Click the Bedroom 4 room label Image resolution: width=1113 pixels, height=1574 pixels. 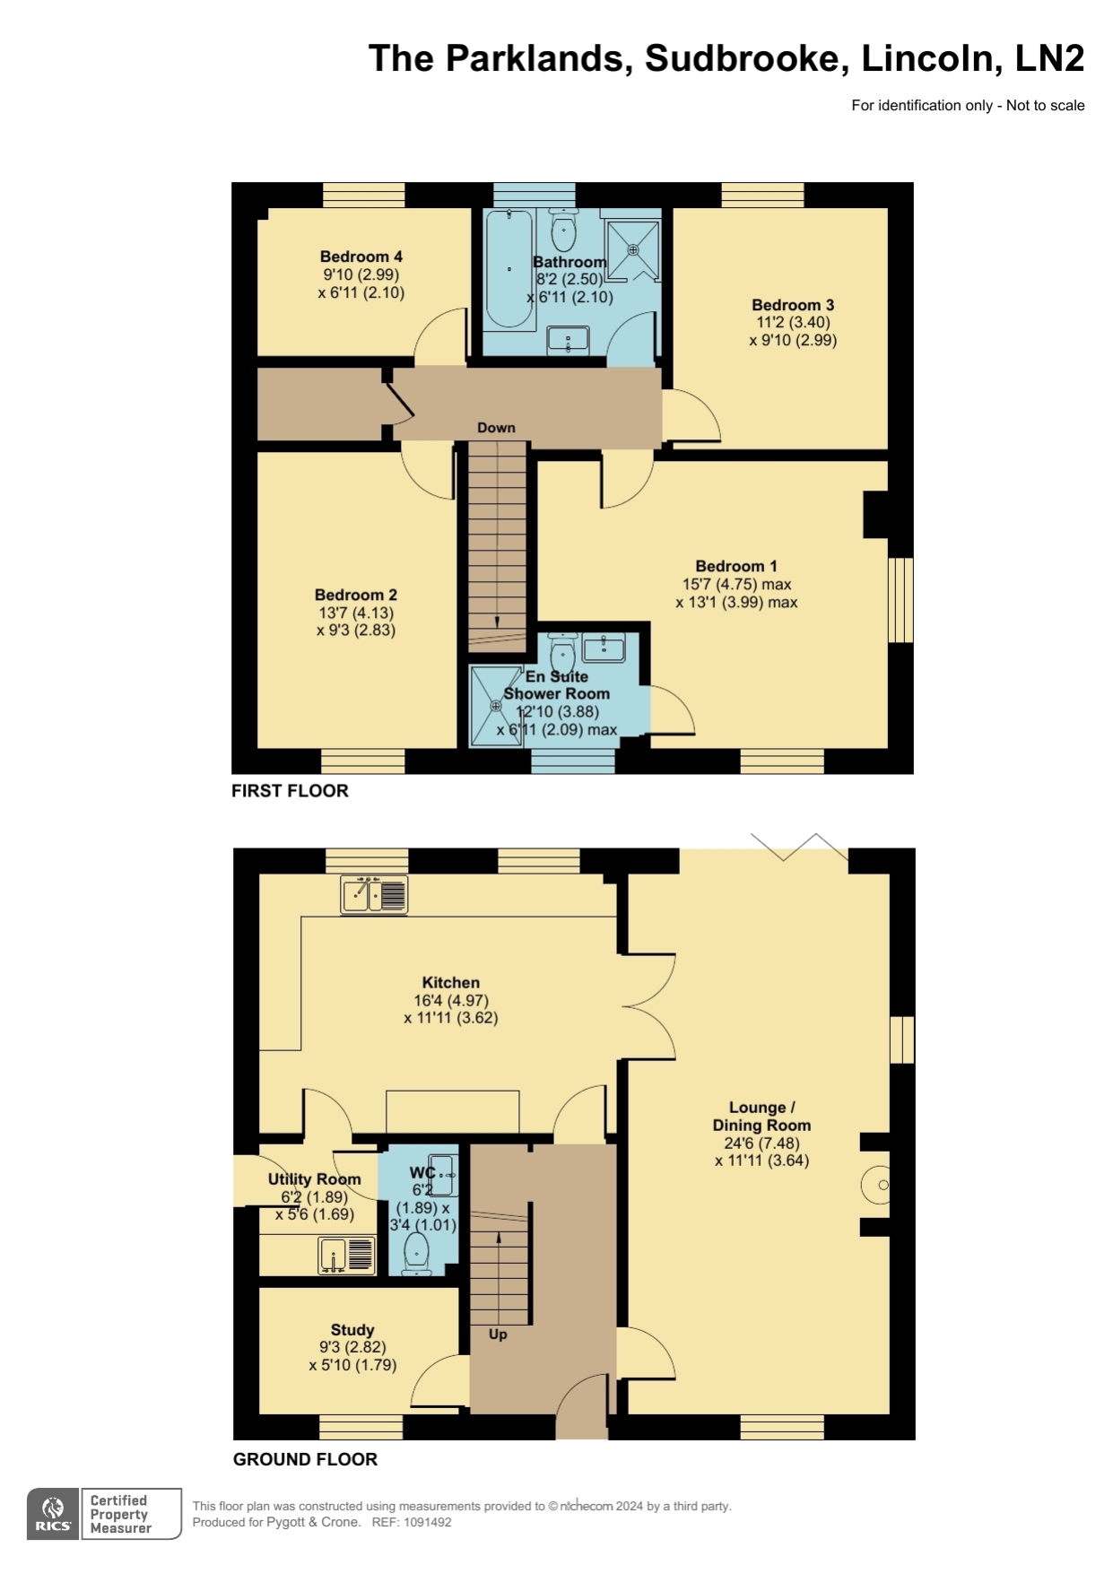coord(361,257)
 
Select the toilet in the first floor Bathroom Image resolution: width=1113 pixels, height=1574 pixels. coord(563,229)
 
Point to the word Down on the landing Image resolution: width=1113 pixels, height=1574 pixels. coord(496,428)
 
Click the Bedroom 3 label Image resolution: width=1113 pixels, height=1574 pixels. coord(793,305)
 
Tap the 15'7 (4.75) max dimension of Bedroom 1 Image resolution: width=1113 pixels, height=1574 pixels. coord(736,584)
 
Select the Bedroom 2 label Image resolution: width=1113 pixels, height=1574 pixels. coord(356,595)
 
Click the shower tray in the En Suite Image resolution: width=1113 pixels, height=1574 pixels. coord(496,705)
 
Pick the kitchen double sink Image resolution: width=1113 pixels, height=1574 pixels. coord(374,894)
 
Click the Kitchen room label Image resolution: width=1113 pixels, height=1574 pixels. coord(451,982)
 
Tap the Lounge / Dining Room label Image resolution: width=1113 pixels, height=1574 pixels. coord(761,1117)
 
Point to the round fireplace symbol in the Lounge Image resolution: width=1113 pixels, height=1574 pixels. coord(876,1185)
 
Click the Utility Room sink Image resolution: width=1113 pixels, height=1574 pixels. coord(346,1255)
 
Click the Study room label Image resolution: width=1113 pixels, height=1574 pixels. coord(352,1330)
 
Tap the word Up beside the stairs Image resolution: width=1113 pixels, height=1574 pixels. coord(498,1334)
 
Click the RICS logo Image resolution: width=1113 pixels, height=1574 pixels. coord(54,1514)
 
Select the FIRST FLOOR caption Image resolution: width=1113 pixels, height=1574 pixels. coord(290,790)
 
